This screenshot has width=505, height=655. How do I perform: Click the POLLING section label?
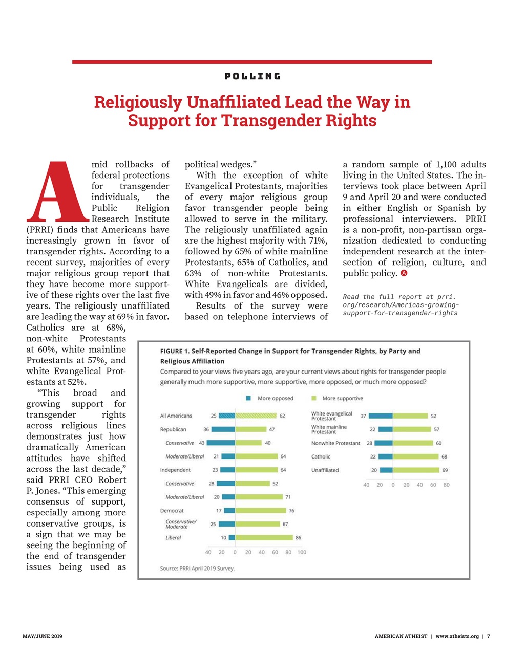(252, 76)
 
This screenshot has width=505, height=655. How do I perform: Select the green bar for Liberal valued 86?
(264, 538)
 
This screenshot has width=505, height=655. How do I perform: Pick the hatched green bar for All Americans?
(256, 416)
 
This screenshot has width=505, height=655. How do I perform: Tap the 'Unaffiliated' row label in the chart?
(325, 470)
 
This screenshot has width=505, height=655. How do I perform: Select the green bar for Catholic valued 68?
(416, 456)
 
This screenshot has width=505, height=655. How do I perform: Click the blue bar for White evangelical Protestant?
(380, 416)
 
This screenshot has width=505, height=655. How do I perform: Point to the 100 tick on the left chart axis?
(302, 552)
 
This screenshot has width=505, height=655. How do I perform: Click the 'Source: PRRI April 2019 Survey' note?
(197, 568)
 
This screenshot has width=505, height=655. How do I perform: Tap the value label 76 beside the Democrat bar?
(291, 511)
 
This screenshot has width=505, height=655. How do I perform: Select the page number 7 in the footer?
(489, 636)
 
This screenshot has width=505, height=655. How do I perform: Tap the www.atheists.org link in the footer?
(457, 636)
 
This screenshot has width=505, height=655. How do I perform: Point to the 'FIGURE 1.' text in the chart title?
(175, 351)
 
